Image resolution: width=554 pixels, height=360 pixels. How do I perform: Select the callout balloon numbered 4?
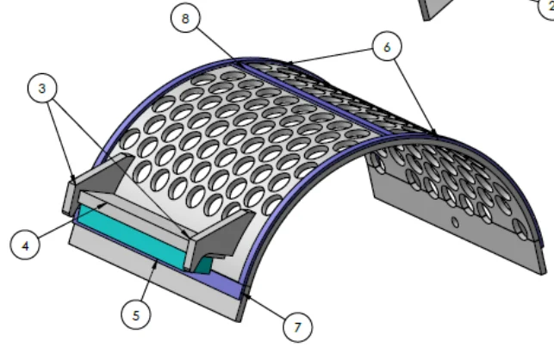pos(26,245)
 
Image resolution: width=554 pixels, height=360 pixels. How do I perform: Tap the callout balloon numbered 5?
pos(134,316)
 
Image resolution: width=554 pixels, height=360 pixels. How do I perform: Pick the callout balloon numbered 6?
pos(387,47)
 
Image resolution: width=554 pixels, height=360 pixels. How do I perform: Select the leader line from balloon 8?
pos(215,45)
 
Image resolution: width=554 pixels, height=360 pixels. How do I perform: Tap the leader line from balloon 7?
pos(267,311)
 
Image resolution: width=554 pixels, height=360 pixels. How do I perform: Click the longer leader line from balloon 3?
pos(121,164)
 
